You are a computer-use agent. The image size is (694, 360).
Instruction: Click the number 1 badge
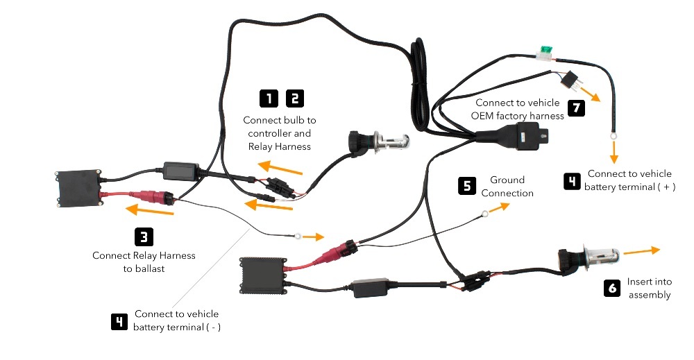[x=269, y=98]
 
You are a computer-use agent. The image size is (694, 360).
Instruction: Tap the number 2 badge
[x=295, y=98]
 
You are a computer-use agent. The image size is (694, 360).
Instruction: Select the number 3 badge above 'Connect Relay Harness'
[x=144, y=237]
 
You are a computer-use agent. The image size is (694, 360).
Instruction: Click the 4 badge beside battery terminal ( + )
[x=572, y=181]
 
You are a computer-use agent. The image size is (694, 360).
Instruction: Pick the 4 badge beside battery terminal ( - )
[x=119, y=321]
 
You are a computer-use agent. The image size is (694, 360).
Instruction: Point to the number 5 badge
[x=467, y=186]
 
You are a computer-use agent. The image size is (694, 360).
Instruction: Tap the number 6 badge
[x=612, y=288]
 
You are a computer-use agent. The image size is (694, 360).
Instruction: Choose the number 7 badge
[x=576, y=108]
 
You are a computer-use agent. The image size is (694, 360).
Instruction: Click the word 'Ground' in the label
[x=507, y=180]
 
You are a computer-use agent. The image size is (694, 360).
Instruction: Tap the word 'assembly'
[x=650, y=295]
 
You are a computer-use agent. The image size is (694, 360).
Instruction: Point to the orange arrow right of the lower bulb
[x=642, y=251]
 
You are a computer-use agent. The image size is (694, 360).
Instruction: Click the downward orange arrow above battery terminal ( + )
[x=613, y=152]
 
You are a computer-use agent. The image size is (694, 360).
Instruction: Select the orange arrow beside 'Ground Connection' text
[x=500, y=207]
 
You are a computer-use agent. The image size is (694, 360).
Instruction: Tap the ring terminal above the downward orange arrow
[x=613, y=136]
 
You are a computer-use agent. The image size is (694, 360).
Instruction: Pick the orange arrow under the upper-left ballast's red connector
[x=150, y=209]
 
